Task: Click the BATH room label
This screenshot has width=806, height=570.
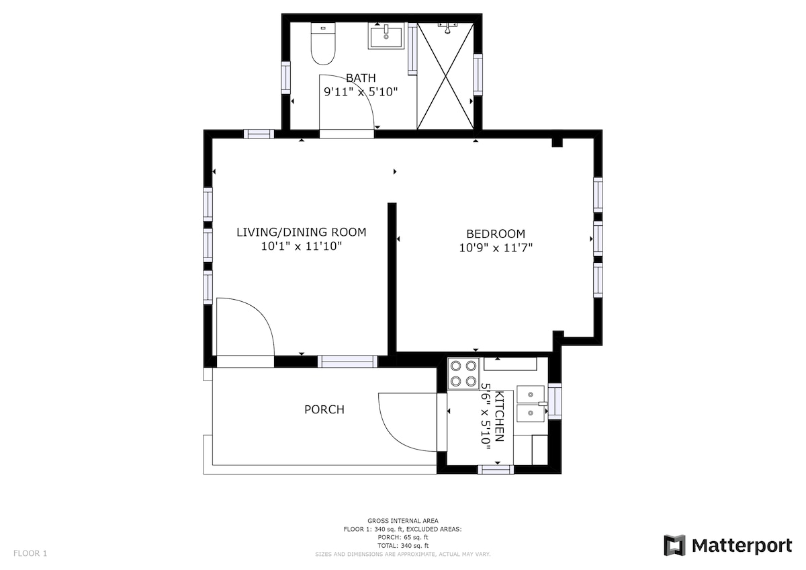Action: (361, 78)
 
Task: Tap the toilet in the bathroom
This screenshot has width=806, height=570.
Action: (323, 44)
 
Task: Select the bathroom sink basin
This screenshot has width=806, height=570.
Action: (386, 35)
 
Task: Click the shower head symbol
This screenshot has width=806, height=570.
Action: (447, 28)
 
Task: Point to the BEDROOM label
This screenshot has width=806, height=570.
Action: (496, 234)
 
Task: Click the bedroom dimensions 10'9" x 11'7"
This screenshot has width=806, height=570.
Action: (496, 248)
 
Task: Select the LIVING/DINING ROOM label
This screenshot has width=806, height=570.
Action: (301, 233)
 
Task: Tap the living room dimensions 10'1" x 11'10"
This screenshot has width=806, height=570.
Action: (301, 246)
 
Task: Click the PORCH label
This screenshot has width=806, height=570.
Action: (324, 409)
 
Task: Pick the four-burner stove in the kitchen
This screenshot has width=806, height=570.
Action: (463, 374)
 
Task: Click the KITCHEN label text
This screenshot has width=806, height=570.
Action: (500, 416)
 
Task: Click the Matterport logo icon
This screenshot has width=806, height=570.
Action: (674, 546)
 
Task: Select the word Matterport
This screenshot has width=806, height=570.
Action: (742, 546)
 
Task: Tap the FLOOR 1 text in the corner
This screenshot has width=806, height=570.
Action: (30, 553)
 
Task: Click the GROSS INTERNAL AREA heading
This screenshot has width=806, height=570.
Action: (403, 521)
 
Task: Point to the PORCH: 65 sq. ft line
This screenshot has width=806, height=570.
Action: (403, 538)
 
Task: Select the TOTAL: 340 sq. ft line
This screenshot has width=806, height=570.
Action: (403, 546)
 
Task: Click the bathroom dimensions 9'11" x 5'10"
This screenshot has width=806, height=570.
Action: (361, 92)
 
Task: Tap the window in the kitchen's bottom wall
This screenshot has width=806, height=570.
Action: (496, 469)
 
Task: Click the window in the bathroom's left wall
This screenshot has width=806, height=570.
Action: (285, 78)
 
